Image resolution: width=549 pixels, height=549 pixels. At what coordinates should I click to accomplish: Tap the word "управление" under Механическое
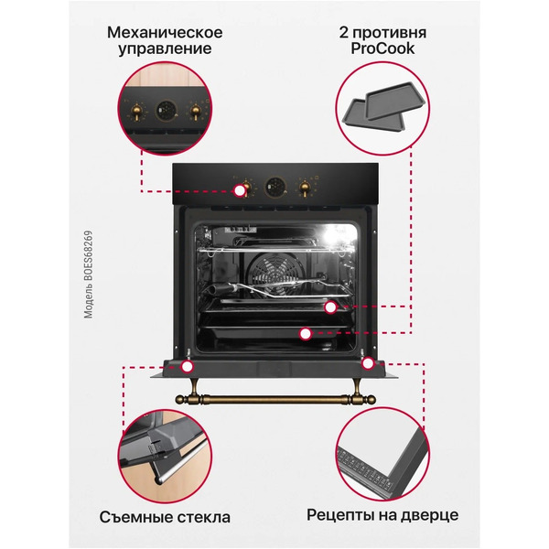pyautogui.click(x=165, y=49)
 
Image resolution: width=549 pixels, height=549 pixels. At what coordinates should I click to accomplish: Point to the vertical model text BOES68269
pyautogui.click(x=89, y=274)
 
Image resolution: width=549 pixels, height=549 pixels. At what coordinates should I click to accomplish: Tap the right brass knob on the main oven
pyautogui.click(x=305, y=187)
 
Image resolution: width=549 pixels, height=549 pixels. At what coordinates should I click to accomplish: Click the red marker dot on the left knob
pyautogui.click(x=241, y=191)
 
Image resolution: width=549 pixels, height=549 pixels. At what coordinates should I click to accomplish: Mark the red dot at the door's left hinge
pyautogui.click(x=188, y=367)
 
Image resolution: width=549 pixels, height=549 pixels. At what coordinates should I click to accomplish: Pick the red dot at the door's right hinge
pyautogui.click(x=367, y=364)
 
